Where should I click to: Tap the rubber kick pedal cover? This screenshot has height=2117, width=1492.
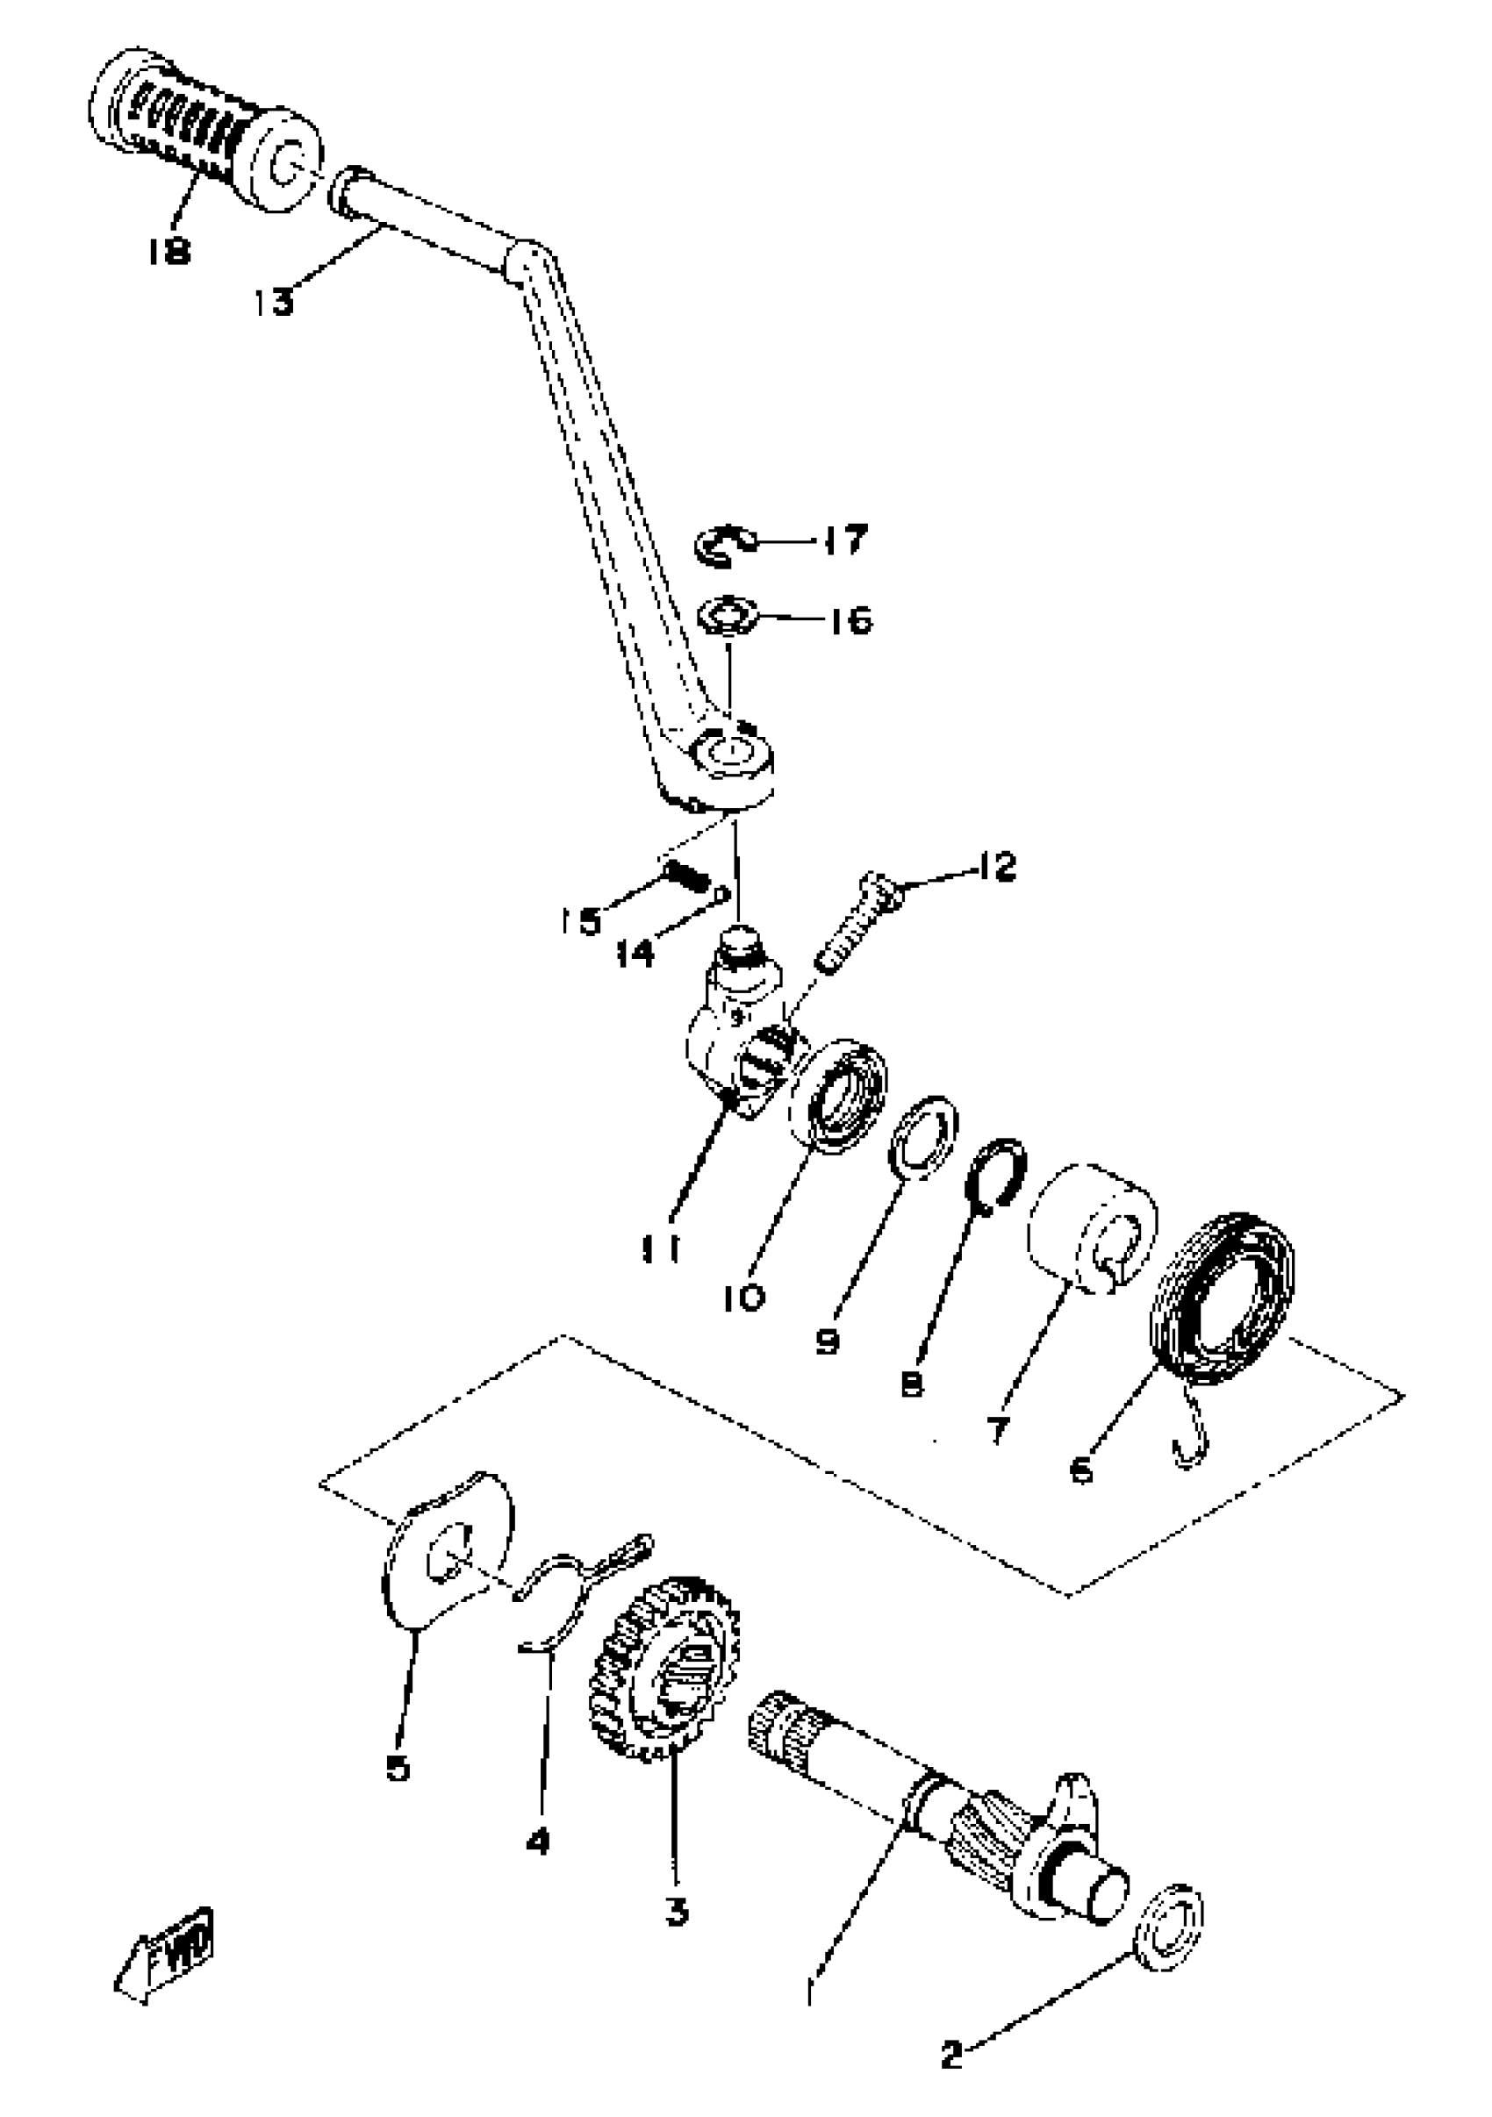[203, 129]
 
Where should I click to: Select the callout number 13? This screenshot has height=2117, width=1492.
[274, 302]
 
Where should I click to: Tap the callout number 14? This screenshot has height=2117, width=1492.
[635, 953]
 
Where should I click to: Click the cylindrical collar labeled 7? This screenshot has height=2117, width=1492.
[1094, 1229]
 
